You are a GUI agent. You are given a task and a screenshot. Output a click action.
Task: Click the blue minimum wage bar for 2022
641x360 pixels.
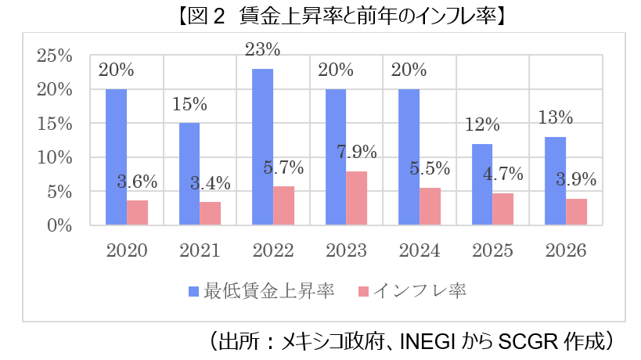pyautogui.click(x=262, y=147)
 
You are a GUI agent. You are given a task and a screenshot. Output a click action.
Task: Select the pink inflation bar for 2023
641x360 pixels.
pyautogui.click(x=357, y=199)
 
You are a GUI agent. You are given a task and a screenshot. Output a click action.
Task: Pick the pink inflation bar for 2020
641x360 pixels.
pyautogui.click(x=137, y=213)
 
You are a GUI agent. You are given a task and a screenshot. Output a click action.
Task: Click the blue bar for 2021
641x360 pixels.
pyautogui.click(x=189, y=175)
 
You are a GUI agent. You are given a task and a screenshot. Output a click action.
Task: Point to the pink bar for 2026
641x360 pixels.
pyautogui.click(x=576, y=212)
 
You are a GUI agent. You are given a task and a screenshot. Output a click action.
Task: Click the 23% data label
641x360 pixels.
pyautogui.click(x=262, y=49)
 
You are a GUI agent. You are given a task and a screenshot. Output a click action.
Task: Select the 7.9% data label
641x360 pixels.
pyautogui.click(x=357, y=152)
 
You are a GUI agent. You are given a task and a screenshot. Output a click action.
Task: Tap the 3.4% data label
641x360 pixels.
pyautogui.click(x=211, y=184)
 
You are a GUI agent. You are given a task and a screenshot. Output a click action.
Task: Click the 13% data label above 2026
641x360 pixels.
pyautogui.click(x=556, y=118)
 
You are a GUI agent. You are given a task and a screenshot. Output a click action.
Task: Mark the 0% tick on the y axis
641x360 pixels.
pyautogui.click(x=59, y=226)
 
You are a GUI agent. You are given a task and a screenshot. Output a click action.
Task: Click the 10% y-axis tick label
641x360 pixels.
pyautogui.click(x=55, y=158)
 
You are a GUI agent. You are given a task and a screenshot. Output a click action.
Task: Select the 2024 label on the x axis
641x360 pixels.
pyautogui.click(x=420, y=250)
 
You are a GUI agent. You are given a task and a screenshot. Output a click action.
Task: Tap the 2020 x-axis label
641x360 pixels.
pyautogui.click(x=127, y=250)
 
